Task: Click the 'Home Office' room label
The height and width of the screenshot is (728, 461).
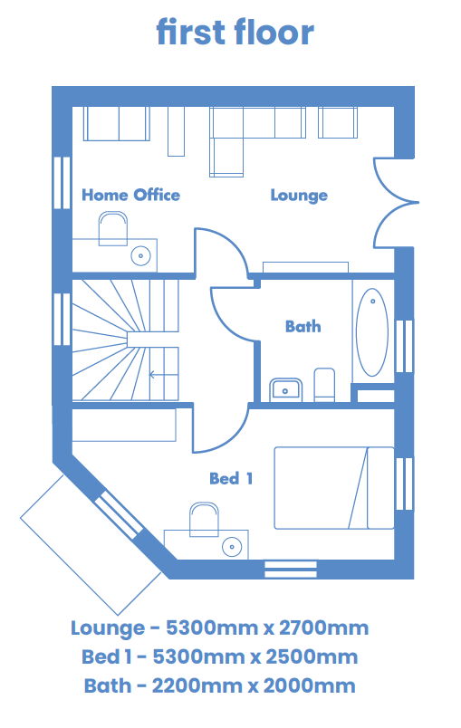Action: coord(130,195)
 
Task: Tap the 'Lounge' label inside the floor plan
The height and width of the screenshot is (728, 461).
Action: coord(299,196)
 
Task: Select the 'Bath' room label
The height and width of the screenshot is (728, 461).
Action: coord(303,326)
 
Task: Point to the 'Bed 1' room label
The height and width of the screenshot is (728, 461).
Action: coord(231,478)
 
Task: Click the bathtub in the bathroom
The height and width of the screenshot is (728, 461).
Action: coord(372,332)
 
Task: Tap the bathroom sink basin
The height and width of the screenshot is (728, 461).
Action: coord(286,389)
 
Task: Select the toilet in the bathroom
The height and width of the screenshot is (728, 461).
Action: coord(324,385)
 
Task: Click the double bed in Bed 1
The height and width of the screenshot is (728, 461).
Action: coord(334,488)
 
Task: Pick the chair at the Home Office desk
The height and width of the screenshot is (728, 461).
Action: coord(113,228)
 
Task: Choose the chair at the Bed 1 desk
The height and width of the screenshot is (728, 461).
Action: coord(205,519)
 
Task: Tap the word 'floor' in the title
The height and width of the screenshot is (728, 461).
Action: coord(274,32)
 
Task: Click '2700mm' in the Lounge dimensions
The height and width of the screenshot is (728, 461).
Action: coord(323,627)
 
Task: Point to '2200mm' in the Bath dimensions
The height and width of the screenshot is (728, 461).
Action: coord(197,685)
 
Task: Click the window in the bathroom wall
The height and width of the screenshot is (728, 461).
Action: coord(404,346)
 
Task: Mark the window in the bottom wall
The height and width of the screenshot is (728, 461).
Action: coord(291,570)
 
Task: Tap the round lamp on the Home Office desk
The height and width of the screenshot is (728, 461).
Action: coord(140,255)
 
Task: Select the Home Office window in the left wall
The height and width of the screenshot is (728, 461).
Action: coord(62,183)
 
